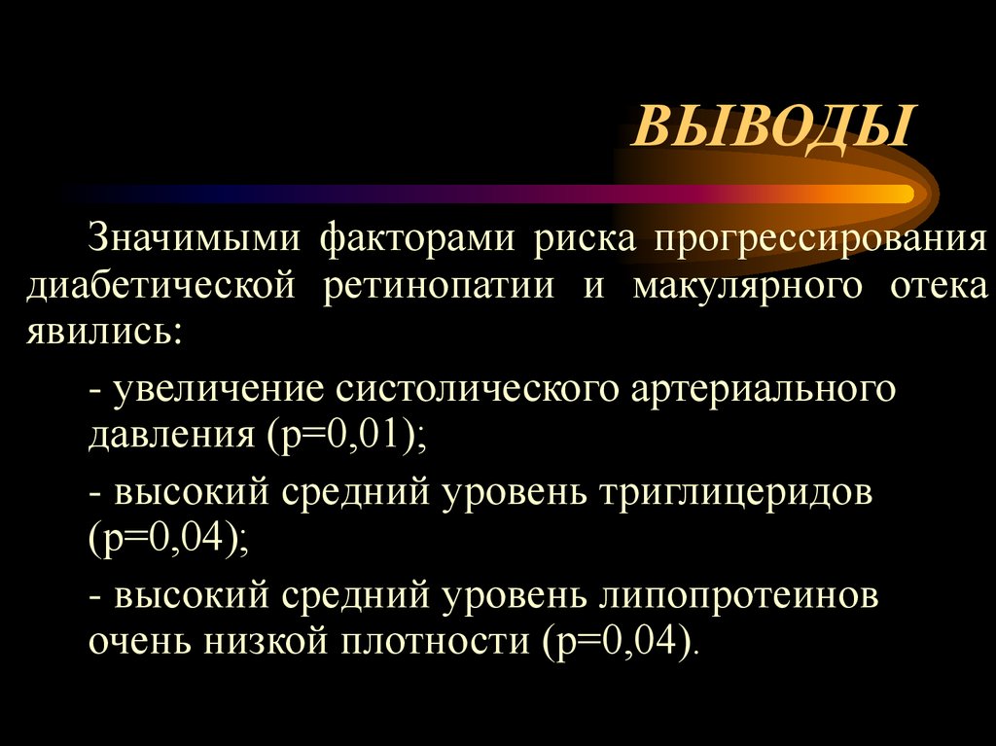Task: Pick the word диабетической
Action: pyautogui.click(x=160, y=286)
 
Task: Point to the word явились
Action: pyautogui.click(x=102, y=334)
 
